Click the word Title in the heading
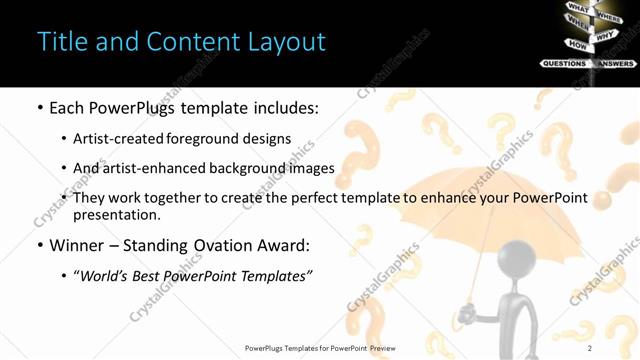[x=64, y=42]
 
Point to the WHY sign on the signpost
[x=605, y=37]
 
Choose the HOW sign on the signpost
[x=577, y=44]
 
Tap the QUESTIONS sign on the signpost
[x=564, y=63]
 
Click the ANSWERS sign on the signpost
[x=616, y=63]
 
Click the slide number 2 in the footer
[x=590, y=348]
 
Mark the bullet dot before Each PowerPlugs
[x=40, y=108]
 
